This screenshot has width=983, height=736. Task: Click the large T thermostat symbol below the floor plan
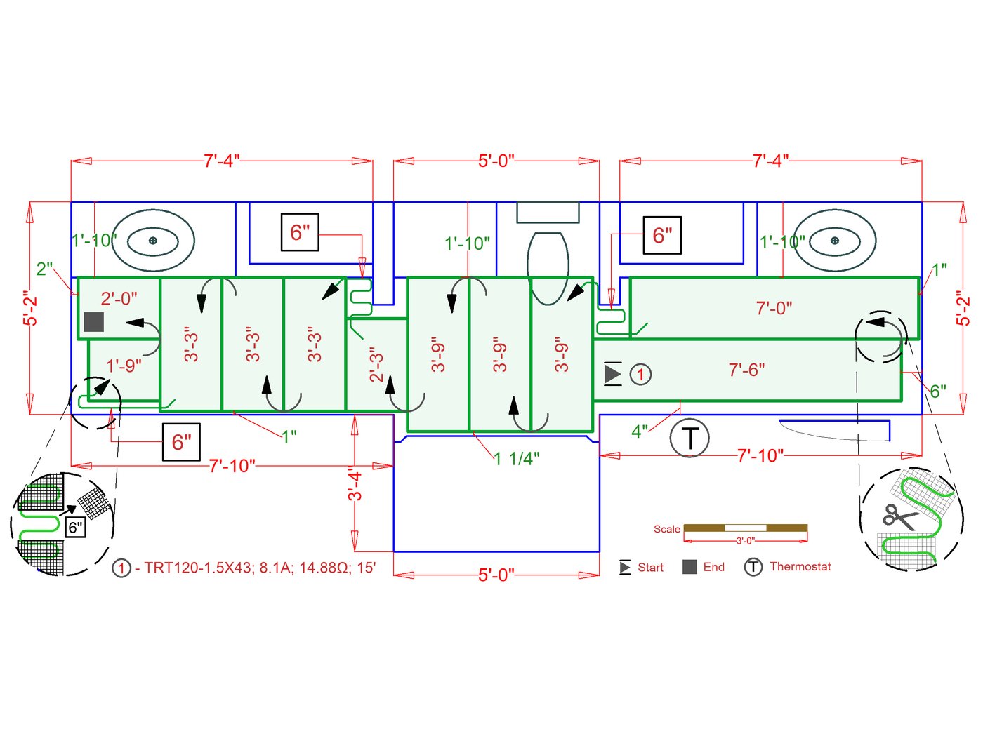click(x=690, y=438)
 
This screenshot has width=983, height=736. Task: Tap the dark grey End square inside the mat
click(x=94, y=322)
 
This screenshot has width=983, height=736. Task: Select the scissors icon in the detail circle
click(x=899, y=516)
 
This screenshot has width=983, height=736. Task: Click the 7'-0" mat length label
click(x=774, y=308)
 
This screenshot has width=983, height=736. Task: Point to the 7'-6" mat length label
click(x=746, y=370)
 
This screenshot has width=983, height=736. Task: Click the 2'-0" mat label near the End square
click(x=119, y=298)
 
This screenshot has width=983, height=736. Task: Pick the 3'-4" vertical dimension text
click(x=356, y=486)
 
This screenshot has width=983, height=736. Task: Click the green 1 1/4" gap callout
click(x=517, y=459)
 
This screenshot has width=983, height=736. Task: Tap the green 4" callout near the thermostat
click(x=639, y=431)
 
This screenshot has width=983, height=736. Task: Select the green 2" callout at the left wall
click(x=44, y=269)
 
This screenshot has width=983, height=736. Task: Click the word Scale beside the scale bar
click(x=666, y=529)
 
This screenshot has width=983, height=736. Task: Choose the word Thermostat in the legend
click(x=800, y=566)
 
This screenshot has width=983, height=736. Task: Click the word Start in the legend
click(x=650, y=567)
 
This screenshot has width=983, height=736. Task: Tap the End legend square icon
click(x=690, y=567)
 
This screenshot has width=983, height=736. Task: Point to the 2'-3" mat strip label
click(x=376, y=366)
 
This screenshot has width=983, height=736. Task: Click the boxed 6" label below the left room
click(x=181, y=442)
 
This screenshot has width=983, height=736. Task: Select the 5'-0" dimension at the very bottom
click(x=496, y=575)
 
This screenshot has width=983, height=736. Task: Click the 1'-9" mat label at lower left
click(x=124, y=366)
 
